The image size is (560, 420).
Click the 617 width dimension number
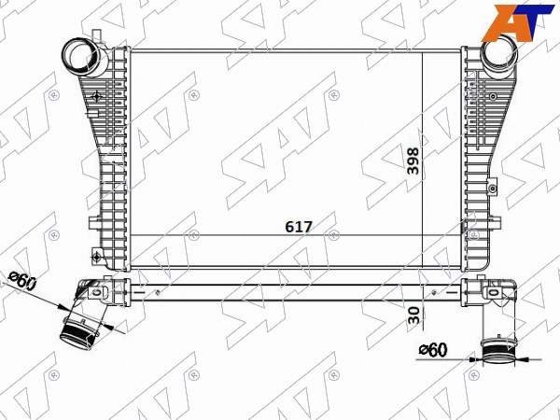click(299, 227)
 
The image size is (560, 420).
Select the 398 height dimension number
click(413, 161)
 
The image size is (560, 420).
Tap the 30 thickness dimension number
click(413, 315)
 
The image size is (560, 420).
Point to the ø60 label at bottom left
click(22, 281)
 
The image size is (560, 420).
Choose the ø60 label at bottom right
click(433, 350)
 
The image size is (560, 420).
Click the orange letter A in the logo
click(504, 22)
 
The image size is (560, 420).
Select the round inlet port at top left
click(85, 57)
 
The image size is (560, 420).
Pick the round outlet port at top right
click(500, 53)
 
